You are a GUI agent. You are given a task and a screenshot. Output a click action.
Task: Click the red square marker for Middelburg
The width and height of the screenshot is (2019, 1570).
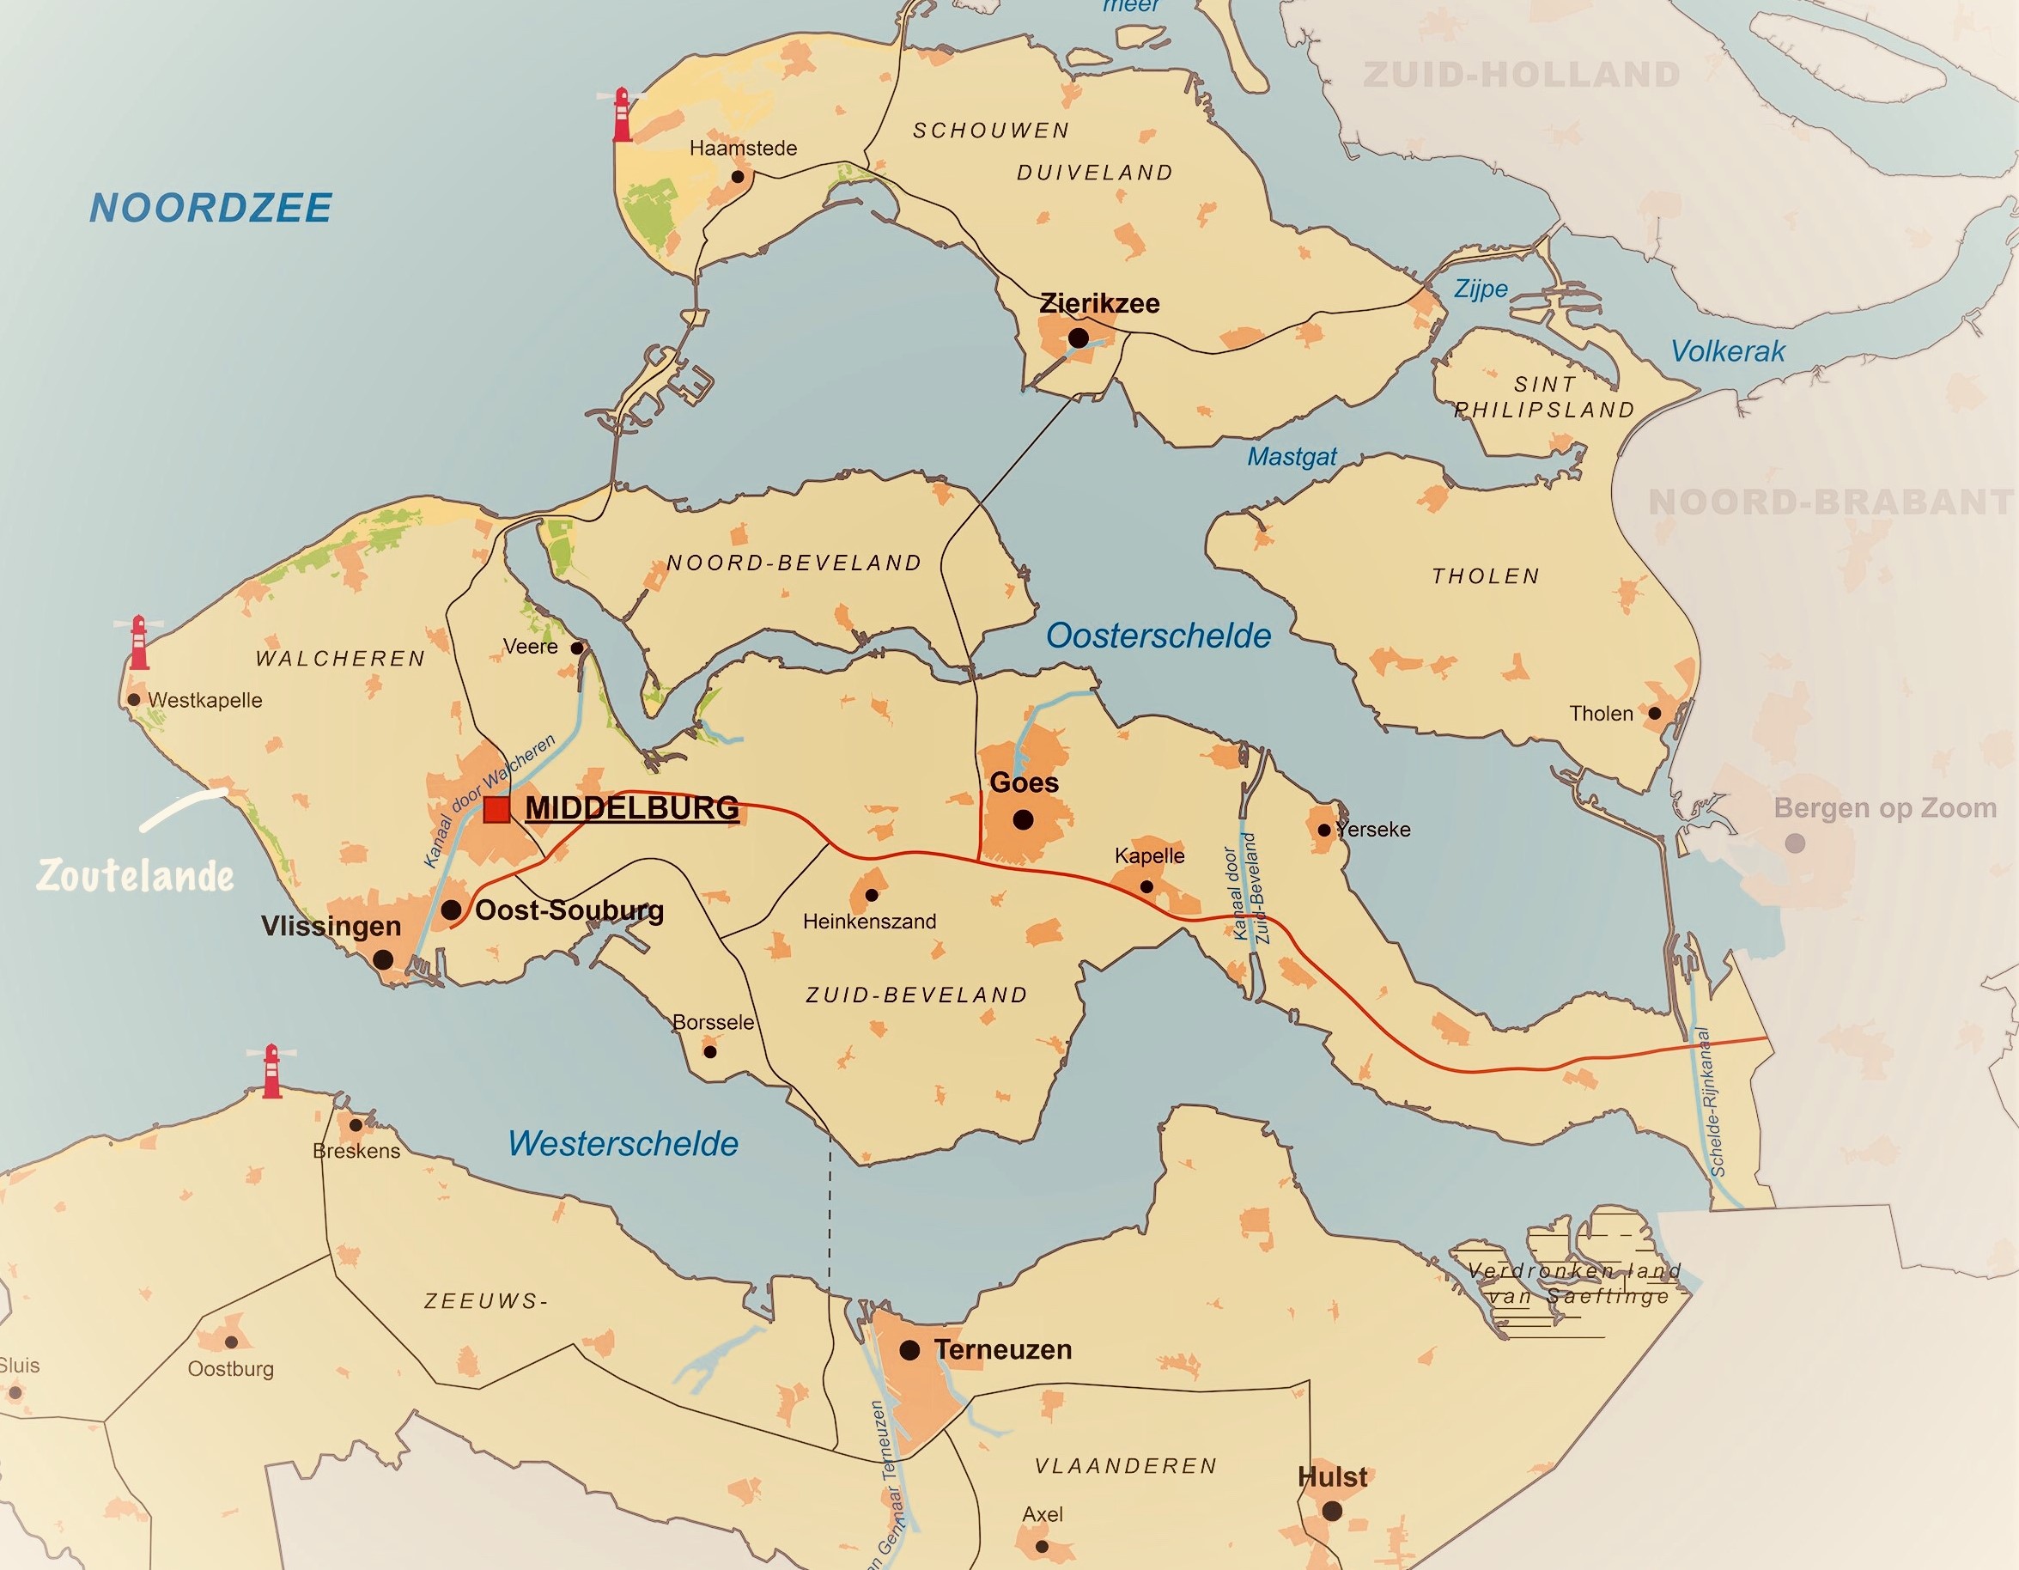(496, 810)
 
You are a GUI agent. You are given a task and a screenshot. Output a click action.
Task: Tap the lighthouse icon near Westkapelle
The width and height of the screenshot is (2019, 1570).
(138, 642)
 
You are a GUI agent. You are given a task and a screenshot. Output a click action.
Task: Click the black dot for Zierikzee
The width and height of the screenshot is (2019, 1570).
(1078, 338)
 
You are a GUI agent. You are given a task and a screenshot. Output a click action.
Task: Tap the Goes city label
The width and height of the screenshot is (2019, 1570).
(1024, 783)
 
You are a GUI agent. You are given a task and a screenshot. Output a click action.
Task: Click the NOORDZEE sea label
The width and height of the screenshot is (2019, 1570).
(210, 208)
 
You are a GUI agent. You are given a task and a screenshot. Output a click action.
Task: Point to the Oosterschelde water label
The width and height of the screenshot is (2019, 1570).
(1158, 636)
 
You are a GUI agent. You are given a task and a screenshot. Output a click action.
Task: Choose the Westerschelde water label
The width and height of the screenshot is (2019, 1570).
(623, 1144)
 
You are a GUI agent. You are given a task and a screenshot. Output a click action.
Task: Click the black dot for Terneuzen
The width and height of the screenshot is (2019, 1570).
(909, 1351)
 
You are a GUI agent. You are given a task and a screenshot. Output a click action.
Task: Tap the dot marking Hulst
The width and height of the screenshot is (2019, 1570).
(1332, 1512)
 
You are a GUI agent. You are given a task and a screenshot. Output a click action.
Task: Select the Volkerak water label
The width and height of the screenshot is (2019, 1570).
(1728, 351)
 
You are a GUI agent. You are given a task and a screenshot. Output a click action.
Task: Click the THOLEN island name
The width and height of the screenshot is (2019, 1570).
(1486, 576)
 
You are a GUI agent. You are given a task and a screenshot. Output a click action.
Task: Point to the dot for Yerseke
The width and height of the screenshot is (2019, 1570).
(1323, 831)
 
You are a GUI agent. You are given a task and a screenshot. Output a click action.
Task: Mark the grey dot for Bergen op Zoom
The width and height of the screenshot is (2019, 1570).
(1794, 843)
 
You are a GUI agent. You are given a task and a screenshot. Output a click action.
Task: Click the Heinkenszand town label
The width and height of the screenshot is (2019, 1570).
(869, 921)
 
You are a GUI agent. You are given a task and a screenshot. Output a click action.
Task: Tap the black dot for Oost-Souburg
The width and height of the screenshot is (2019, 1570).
(451, 910)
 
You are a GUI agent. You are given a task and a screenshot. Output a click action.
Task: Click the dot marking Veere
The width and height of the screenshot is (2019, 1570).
(577, 648)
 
